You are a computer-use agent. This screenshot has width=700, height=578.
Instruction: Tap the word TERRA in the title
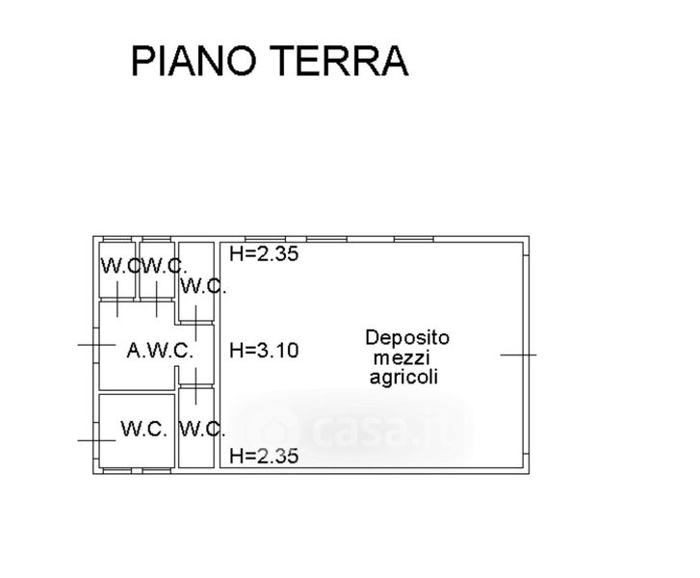click(341, 61)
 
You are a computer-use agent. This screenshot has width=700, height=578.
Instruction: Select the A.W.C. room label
click(160, 351)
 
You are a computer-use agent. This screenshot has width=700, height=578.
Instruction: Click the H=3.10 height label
click(264, 351)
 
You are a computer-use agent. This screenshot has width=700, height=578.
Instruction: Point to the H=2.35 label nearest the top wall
click(264, 254)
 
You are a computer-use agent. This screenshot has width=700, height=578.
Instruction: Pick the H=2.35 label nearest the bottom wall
click(264, 456)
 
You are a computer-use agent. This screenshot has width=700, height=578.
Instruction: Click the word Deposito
click(406, 338)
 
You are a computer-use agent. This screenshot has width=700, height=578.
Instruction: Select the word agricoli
click(404, 378)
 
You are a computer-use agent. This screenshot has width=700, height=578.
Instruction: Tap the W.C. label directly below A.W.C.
click(145, 428)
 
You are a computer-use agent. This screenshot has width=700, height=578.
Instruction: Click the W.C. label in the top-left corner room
click(119, 266)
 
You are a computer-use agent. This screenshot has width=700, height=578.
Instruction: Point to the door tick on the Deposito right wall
click(518, 355)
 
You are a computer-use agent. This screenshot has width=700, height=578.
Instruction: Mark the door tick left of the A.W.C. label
click(96, 344)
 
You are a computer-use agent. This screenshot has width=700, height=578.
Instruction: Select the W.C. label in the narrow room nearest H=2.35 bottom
click(202, 429)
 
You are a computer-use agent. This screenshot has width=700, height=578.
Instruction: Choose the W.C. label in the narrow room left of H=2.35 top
click(202, 286)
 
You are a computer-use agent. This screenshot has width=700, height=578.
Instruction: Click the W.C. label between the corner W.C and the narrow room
click(162, 266)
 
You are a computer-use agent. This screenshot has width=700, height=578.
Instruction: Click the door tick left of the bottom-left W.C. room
click(96, 440)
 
